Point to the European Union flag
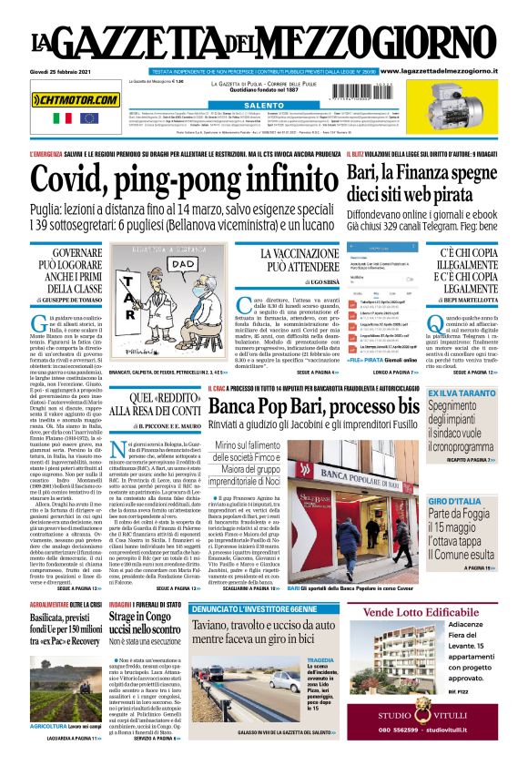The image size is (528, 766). pos(88,118)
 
